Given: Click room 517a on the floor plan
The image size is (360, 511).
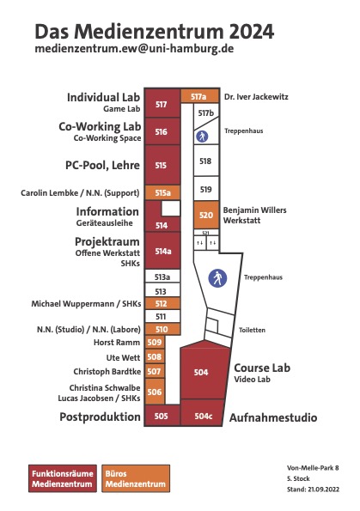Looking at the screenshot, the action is [x=199, y=96].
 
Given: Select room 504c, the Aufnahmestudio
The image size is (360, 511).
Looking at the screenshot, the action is [x=203, y=413].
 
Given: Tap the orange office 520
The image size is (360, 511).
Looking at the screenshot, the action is [x=206, y=215].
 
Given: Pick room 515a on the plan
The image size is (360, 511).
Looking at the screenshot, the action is [x=162, y=192].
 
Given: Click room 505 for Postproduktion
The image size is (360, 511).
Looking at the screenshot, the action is [x=162, y=416].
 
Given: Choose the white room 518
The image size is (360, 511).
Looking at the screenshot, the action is [x=206, y=161].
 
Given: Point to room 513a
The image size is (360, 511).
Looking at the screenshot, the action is [x=162, y=277].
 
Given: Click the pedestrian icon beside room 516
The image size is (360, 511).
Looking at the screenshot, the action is [x=202, y=137].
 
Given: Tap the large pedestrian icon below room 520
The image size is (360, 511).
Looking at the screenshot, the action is [x=217, y=278].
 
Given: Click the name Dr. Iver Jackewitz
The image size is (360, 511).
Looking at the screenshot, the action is [x=256, y=96].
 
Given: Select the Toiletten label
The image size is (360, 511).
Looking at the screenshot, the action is [x=252, y=330].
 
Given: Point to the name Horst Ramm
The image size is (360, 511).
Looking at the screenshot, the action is [x=117, y=343].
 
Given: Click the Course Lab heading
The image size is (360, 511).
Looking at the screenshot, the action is [x=262, y=368].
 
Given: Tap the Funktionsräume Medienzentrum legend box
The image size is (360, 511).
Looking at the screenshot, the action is [x=63, y=478].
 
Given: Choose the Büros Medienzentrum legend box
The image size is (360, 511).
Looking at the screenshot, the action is [x=136, y=478].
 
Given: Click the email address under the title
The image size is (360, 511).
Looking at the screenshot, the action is [x=134, y=49].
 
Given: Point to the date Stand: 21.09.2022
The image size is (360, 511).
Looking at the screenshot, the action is [x=313, y=490].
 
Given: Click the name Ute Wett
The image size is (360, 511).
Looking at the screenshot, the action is [x=123, y=357].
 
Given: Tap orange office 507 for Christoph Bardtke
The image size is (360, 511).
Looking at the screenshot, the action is [x=155, y=371].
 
